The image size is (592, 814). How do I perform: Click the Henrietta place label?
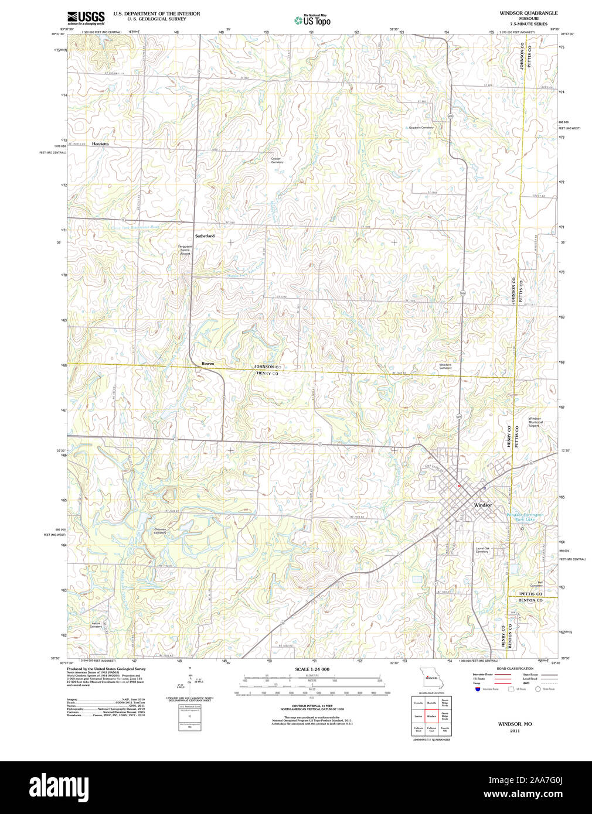click(100, 143)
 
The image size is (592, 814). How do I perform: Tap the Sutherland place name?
click(205, 236)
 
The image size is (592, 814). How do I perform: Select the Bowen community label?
click(207, 364)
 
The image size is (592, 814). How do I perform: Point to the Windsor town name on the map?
click(483, 505)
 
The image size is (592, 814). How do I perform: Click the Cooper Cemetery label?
click(276, 160)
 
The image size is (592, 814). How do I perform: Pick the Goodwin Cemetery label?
click(421, 128)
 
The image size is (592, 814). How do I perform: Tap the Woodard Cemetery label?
click(445, 367)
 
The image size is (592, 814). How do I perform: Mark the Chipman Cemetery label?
click(160, 531)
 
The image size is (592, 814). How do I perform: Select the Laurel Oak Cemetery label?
click(482, 550)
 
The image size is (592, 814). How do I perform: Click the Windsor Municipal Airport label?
click(535, 422)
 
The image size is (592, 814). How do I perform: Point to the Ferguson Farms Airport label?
click(185, 250)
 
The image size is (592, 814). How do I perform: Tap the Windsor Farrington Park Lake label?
click(525, 517)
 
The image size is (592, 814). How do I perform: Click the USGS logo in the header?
click(86, 18)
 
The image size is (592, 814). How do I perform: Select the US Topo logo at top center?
click(312, 20)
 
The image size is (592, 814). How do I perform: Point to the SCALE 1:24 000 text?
click(312, 669)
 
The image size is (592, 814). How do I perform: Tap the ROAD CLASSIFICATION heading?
click(515, 669)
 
